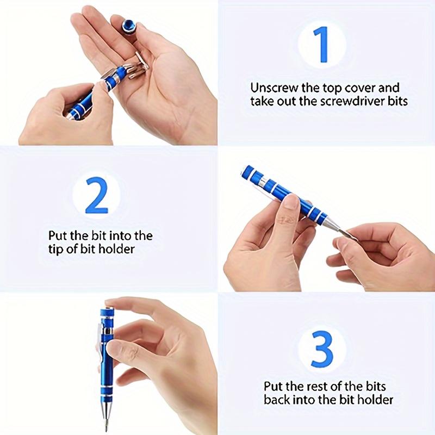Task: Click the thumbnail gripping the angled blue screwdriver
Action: (291, 202)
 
